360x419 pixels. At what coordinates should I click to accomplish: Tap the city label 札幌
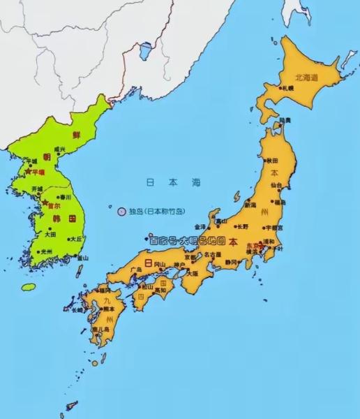(x=287, y=89)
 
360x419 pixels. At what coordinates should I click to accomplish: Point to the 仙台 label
(x=277, y=185)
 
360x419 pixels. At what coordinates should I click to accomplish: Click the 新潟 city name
(x=250, y=205)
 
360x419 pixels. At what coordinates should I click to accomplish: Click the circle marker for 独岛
(x=121, y=210)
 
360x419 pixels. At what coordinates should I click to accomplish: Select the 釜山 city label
(x=83, y=258)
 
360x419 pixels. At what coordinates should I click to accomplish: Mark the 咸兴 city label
(x=60, y=149)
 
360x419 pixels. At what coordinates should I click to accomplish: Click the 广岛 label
(x=127, y=270)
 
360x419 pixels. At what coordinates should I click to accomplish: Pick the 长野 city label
(x=242, y=226)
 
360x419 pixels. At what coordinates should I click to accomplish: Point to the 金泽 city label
(x=200, y=227)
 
